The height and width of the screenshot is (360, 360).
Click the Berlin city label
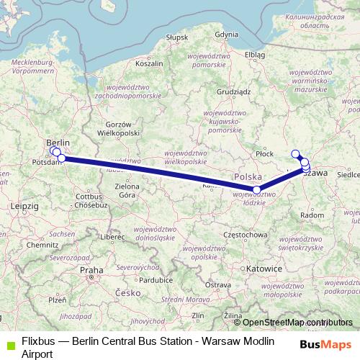(58, 143)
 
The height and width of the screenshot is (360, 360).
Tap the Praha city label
(91, 270)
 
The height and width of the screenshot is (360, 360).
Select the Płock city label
(266, 153)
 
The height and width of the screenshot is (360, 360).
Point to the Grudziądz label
(233, 92)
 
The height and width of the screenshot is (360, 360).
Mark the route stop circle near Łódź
(257, 189)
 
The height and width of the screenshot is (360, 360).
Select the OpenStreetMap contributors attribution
(296, 323)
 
